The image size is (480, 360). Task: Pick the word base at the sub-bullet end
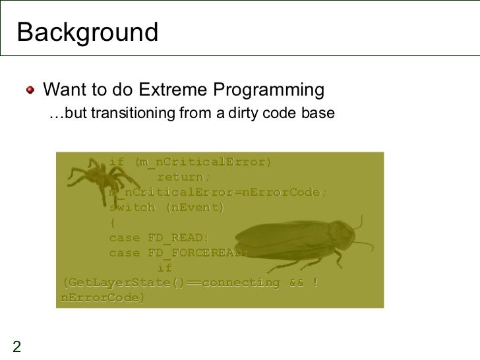[320, 114]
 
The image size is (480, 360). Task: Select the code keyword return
[183, 177]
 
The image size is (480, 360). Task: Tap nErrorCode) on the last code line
[102, 298]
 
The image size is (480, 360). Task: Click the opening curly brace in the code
[112, 222]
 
